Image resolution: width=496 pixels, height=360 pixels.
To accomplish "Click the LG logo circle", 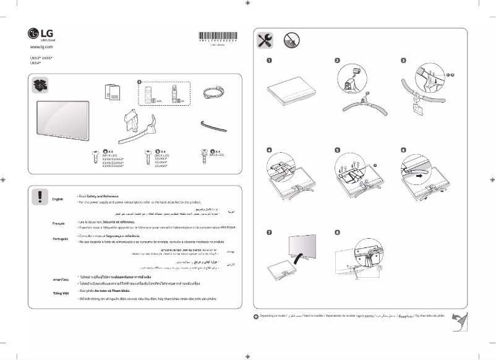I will [35, 33].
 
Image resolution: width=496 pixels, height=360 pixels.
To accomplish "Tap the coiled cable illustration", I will [214, 93].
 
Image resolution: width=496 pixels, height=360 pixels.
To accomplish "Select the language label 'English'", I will [58, 199].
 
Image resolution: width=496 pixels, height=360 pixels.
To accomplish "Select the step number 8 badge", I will [337, 233].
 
